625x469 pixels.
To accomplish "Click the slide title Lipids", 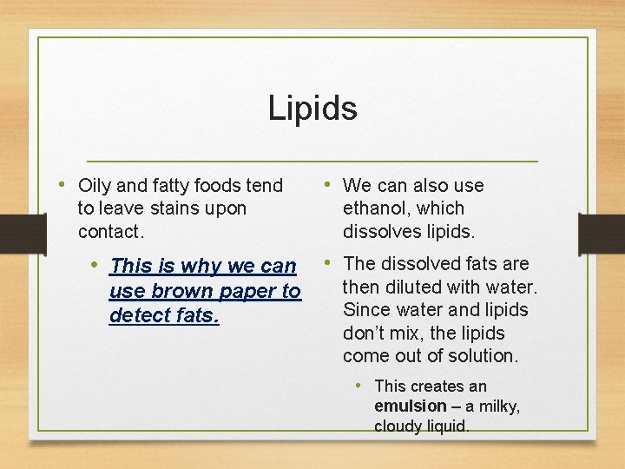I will [312, 109].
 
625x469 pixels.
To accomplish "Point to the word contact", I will [109, 232].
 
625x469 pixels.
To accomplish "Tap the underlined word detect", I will [138, 314].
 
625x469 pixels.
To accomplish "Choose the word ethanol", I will [379, 208].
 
